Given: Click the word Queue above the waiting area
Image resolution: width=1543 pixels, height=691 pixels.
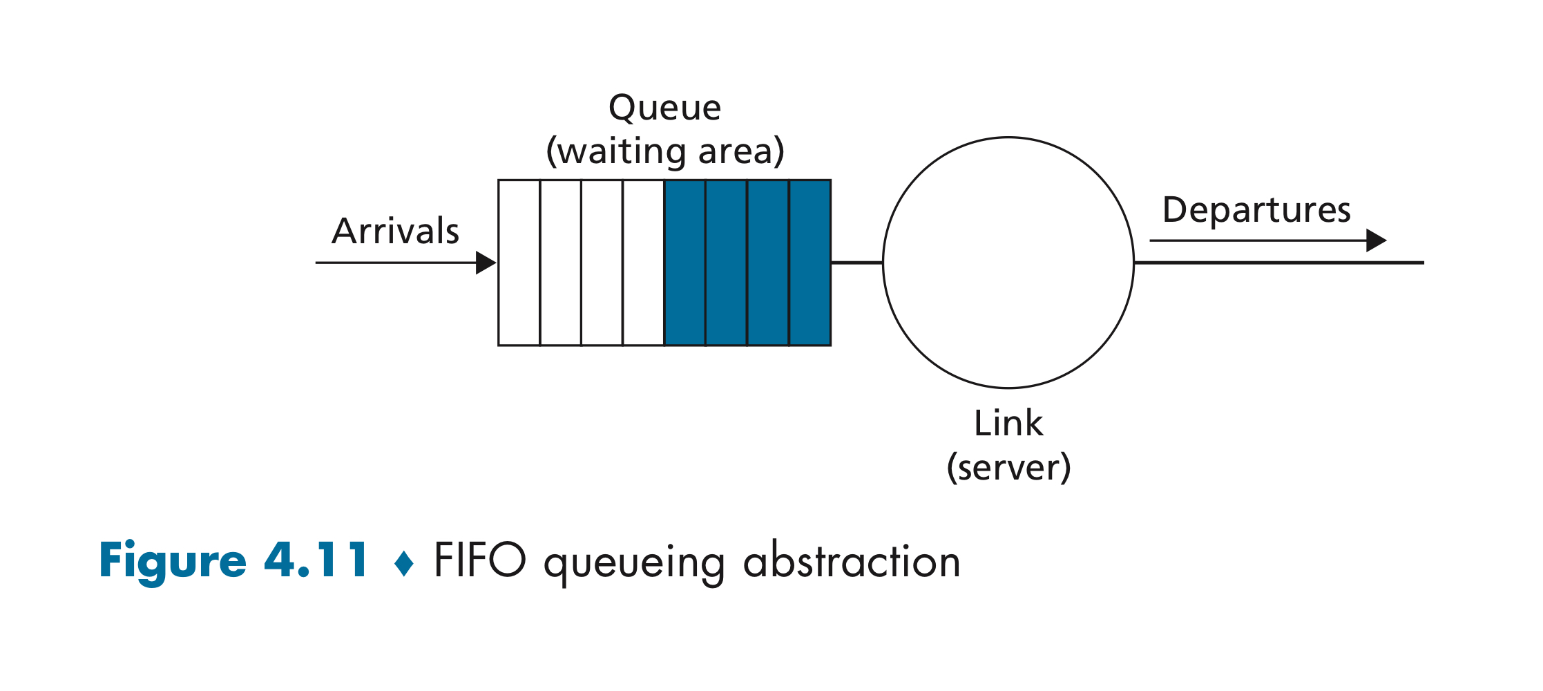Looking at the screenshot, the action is (x=665, y=108).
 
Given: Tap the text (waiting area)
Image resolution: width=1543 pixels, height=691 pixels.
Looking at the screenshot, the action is (x=665, y=151).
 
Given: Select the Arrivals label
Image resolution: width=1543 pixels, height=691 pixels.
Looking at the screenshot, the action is (x=395, y=231).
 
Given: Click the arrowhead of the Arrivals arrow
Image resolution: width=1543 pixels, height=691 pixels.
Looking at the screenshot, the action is (x=486, y=263).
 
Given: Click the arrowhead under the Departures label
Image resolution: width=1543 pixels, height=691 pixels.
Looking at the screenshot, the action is (x=1377, y=240).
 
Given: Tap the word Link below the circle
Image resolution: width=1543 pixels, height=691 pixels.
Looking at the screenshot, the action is (x=1008, y=423).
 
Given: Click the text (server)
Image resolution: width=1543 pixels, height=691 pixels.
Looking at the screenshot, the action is (x=1008, y=468).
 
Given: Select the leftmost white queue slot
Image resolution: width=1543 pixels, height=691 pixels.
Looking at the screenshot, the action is (x=519, y=263).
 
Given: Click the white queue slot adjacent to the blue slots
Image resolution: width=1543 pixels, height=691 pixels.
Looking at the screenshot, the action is (x=643, y=263).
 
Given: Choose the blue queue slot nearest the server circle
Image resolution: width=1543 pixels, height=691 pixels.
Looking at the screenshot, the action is (x=809, y=263).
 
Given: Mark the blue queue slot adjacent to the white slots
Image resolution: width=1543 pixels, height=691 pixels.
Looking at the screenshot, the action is (x=684, y=263).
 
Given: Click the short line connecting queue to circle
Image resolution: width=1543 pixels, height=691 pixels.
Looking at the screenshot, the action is (x=856, y=263).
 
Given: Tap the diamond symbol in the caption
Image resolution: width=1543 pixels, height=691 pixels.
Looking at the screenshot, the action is (x=403, y=562).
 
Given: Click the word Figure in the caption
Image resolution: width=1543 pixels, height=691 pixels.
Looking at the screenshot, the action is (x=173, y=560).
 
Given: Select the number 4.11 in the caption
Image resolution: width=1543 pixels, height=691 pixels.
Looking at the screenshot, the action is (x=316, y=559).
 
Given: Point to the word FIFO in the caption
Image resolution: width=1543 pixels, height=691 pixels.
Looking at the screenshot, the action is (x=479, y=559).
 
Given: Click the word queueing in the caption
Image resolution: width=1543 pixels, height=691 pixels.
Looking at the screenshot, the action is (x=634, y=564).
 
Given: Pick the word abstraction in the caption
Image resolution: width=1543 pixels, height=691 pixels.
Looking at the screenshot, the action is (x=852, y=560).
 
